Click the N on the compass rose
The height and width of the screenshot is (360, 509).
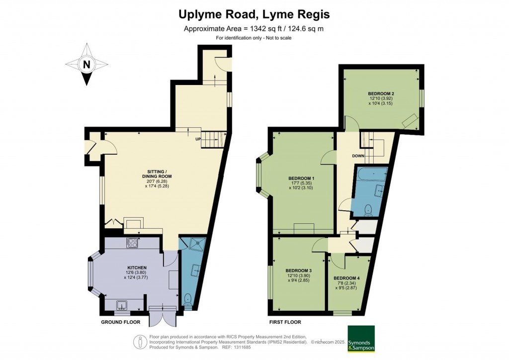click(87, 64)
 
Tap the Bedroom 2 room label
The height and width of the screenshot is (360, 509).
click(381, 93)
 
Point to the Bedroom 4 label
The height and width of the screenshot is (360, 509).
click(346, 277)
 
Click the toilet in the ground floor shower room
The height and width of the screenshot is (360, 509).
click(187, 299)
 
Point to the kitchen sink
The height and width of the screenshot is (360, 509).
click(122, 305)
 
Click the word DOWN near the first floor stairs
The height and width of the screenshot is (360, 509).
click(359, 156)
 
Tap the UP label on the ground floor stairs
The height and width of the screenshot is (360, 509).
click(197, 139)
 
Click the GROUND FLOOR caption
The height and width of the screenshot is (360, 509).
click(117, 322)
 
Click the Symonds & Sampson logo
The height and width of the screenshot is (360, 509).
click(361, 339)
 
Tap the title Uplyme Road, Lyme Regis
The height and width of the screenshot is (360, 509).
click(254, 15)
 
